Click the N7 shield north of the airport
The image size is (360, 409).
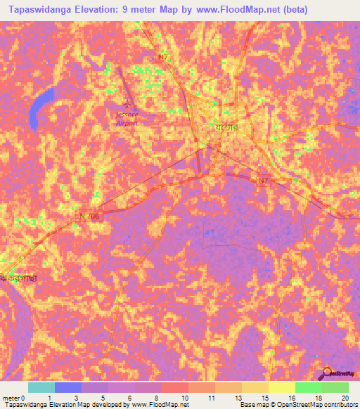pos(163,58)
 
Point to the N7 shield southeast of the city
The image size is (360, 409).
pos(263,181)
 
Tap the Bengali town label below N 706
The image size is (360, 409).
pos(19,278)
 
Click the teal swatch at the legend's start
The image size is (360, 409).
pos(41,387)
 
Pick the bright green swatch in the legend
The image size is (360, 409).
pos(308,387)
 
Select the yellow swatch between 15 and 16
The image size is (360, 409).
pos(281,387)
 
